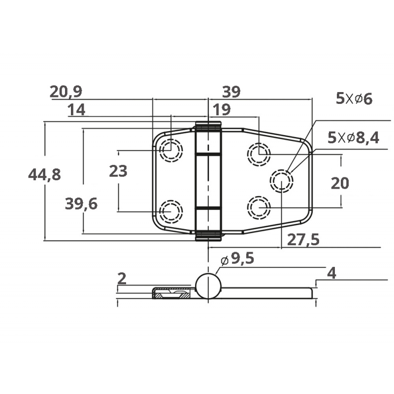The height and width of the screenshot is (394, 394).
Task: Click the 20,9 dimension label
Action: point(66,91)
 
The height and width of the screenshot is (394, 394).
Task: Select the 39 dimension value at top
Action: point(231,91)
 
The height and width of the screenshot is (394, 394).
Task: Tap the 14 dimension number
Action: point(76,110)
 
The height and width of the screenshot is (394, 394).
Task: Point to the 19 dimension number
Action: point(222,109)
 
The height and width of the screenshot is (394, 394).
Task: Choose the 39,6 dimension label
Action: point(81,203)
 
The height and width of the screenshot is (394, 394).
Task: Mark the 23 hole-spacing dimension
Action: point(118,171)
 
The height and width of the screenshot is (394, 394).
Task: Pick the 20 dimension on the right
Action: point(340,183)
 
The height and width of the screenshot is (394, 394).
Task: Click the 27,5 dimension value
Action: point(303,239)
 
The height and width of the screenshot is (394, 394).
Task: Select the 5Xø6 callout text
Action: point(354,98)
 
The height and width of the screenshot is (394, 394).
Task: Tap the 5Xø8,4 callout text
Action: point(354,138)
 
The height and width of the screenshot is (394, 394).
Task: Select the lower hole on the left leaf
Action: point(171,211)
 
